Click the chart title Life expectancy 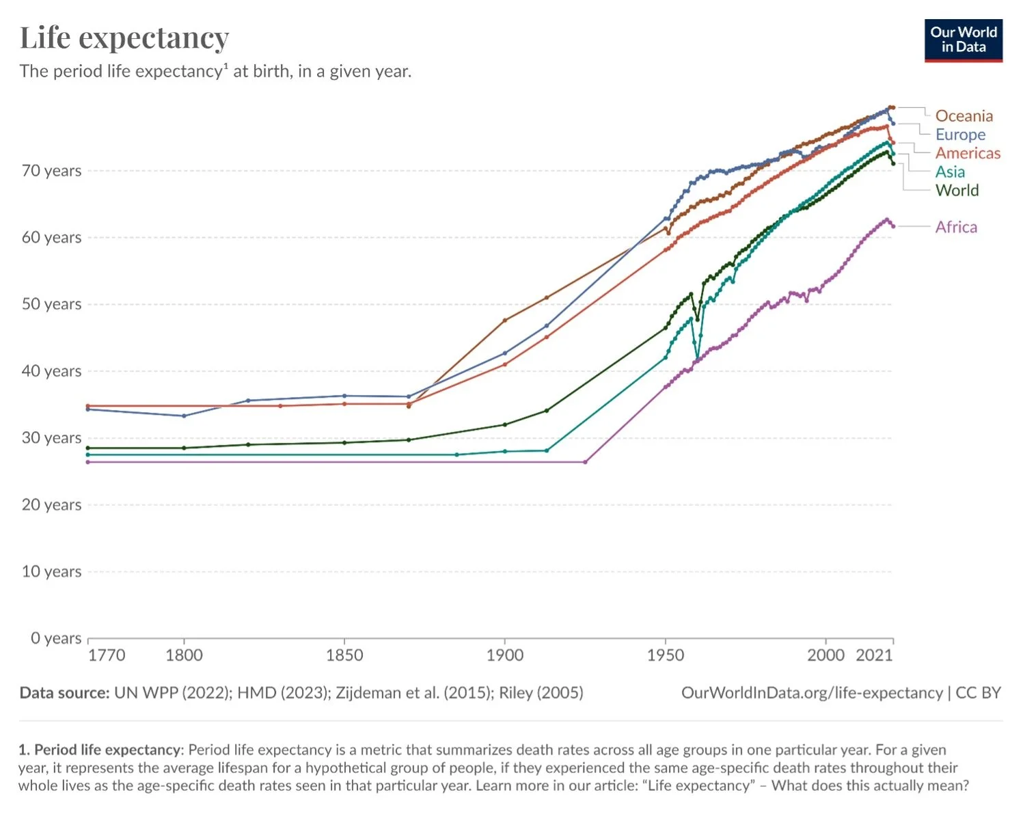click(x=124, y=38)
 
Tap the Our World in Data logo click(x=963, y=40)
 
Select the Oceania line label click(x=963, y=116)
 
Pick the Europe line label click(x=960, y=135)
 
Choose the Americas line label click(x=968, y=153)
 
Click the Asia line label click(x=950, y=172)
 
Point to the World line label click(x=957, y=190)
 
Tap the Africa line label click(x=956, y=227)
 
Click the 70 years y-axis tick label click(x=51, y=171)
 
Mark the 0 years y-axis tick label click(x=56, y=638)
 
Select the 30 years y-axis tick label click(x=51, y=438)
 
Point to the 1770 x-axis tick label click(x=107, y=655)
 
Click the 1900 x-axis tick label click(x=505, y=655)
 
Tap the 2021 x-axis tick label click(x=874, y=655)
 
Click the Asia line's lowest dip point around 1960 click(x=698, y=357)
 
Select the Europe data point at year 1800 click(x=184, y=416)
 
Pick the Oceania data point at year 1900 click(x=505, y=320)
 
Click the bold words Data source click(x=64, y=693)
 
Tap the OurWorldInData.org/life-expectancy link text click(x=812, y=693)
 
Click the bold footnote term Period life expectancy click(x=107, y=750)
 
